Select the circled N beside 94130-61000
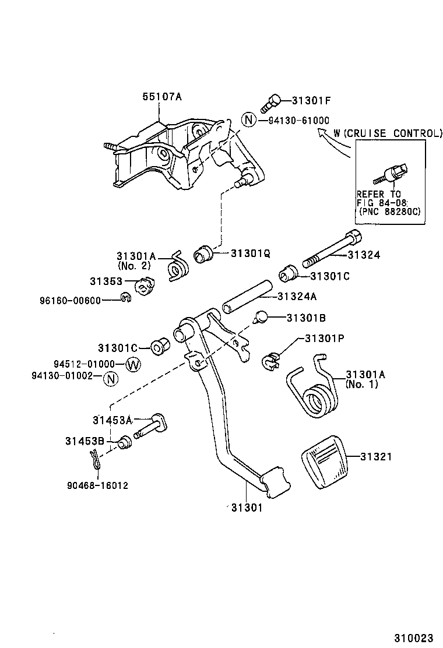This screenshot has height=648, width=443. (x=249, y=120)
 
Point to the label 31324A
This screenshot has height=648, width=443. (x=297, y=297)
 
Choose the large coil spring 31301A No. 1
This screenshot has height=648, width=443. (x=315, y=393)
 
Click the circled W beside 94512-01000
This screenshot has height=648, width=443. (x=133, y=365)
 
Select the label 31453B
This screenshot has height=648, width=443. (x=84, y=441)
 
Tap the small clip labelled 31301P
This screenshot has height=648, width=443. (x=270, y=361)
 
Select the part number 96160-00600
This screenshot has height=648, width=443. (x=71, y=300)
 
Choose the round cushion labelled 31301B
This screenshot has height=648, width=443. (x=261, y=317)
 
